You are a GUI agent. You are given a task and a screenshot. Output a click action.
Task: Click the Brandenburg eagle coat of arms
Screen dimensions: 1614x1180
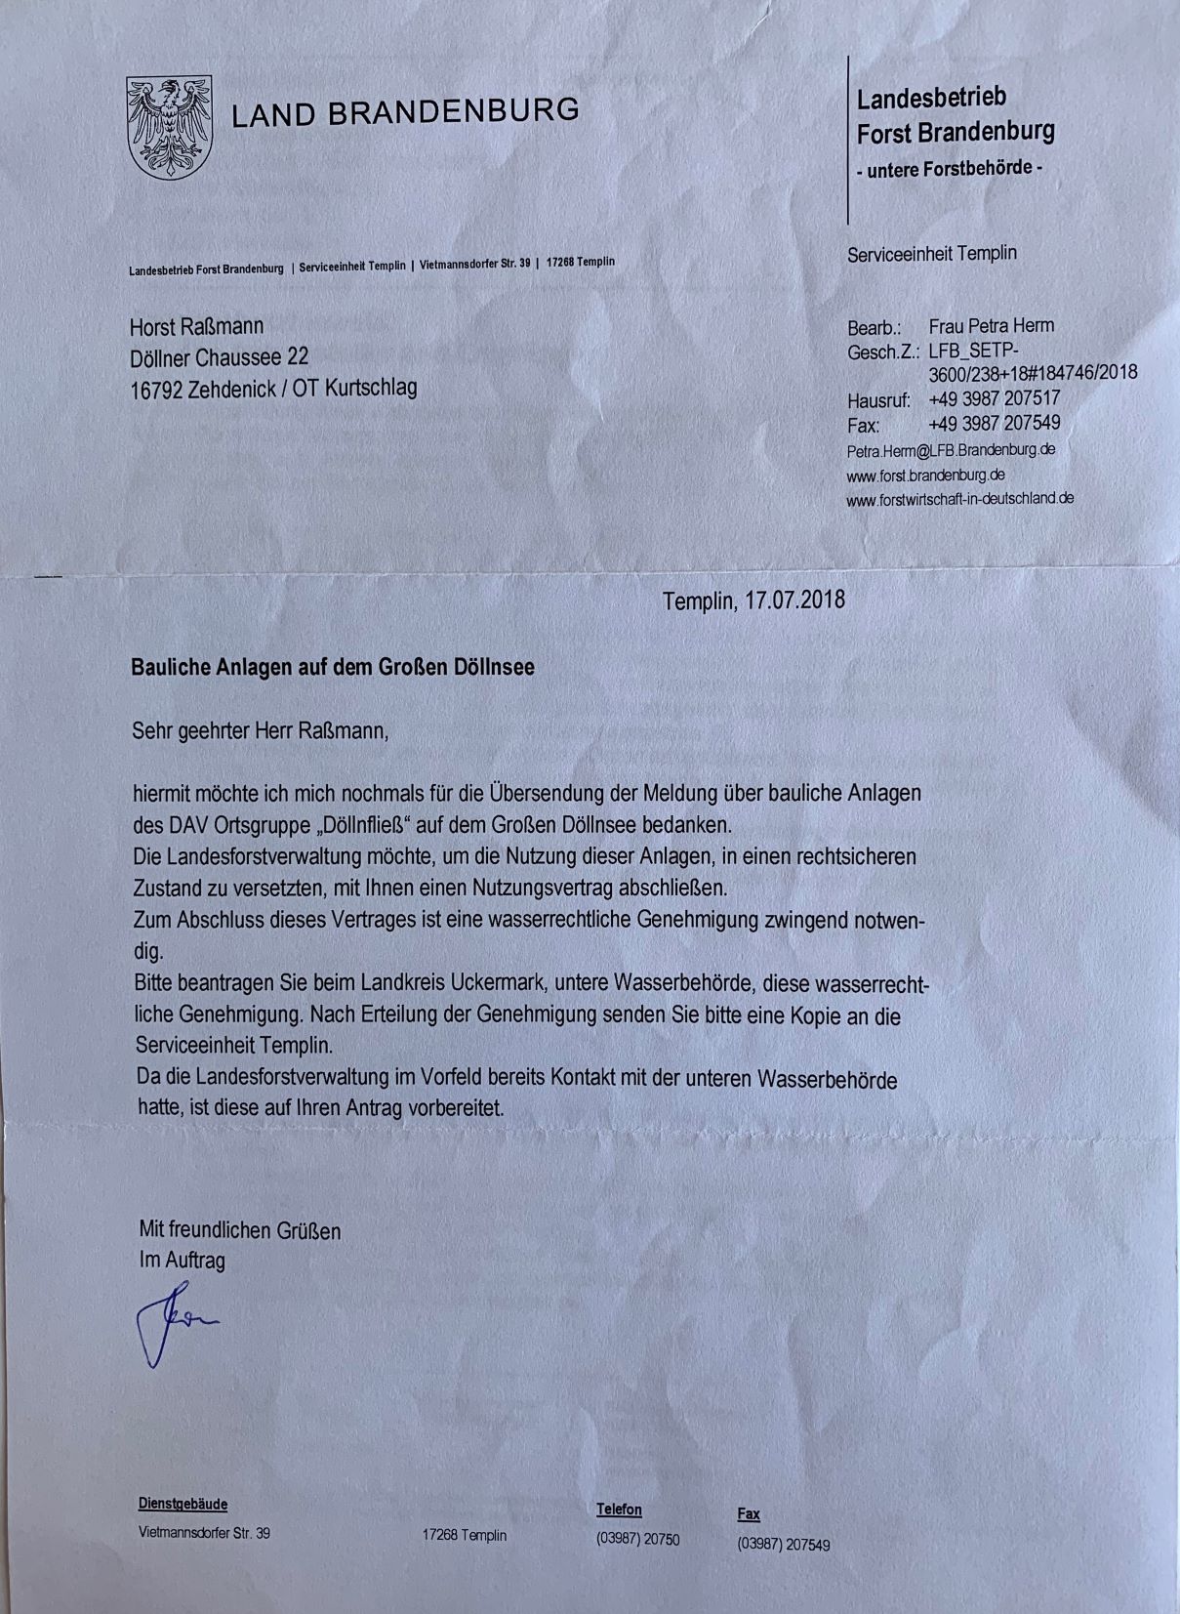(x=169, y=127)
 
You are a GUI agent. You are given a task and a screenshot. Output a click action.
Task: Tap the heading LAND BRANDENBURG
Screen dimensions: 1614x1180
(x=405, y=111)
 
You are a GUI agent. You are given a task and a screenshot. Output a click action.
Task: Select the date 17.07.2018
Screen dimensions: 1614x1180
(x=793, y=599)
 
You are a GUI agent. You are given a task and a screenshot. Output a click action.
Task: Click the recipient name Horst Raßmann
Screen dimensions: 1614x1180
(x=196, y=326)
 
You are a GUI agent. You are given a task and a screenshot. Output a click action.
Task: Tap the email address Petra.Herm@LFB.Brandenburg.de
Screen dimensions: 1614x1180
(x=951, y=450)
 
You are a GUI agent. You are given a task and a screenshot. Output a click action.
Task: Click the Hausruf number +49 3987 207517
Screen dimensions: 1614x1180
(x=994, y=398)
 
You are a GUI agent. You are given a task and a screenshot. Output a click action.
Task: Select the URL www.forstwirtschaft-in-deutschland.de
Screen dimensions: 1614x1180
(x=959, y=498)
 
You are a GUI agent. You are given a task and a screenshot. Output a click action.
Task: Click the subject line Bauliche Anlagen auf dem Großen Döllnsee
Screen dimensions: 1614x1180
(x=333, y=668)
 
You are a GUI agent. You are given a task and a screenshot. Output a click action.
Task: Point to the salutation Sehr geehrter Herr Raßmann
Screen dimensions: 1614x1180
(x=260, y=730)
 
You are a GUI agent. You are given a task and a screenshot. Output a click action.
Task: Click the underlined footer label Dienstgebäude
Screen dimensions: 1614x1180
(x=183, y=1505)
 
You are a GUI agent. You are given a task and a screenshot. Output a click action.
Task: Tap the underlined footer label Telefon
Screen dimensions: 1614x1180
(x=619, y=1510)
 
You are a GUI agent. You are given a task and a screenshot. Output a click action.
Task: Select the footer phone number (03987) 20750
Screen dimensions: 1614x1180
(x=637, y=1539)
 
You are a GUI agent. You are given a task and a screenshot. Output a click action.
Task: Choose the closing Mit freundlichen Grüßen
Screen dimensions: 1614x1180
(x=240, y=1229)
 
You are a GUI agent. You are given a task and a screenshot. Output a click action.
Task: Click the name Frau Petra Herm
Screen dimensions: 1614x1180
(x=991, y=326)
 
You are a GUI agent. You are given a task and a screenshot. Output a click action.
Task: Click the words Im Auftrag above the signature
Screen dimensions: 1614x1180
(x=183, y=1260)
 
